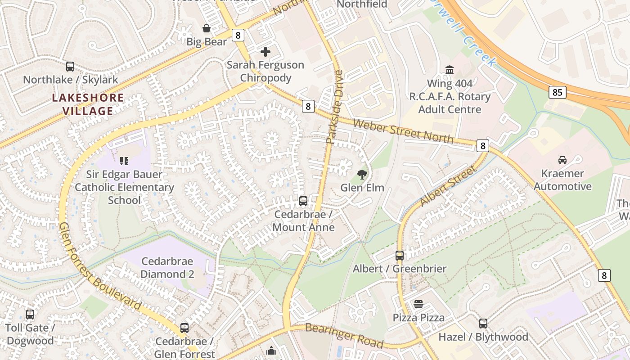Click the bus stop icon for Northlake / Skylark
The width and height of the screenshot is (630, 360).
coord(70,67)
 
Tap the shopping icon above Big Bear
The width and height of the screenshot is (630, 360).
coord(207,29)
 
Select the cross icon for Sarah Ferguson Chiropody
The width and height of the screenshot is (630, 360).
coord(265,52)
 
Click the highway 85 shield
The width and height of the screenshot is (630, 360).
coord(557,93)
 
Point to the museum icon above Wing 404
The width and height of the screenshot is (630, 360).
coord(449,70)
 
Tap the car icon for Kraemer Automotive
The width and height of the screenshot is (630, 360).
coord(562,160)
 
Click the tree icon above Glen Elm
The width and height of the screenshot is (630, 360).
coord(362,174)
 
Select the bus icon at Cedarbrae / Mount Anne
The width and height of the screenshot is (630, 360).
coord(303,201)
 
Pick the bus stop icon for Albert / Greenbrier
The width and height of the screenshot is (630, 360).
coord(399,256)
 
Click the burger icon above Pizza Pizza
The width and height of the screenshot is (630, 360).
coord(418,304)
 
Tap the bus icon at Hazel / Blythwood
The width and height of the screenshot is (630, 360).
coord(483,324)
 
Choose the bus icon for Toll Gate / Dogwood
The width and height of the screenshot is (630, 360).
coord(30,315)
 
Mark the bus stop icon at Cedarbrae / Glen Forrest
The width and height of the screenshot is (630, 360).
coord(184,328)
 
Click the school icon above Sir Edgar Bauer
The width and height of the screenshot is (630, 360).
coord(124,161)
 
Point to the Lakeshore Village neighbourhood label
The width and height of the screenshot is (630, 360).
coord(88,104)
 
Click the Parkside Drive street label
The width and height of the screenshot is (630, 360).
coord(334,107)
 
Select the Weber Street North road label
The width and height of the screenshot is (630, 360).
coord(403,131)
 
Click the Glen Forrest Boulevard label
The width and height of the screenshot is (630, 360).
coord(100,266)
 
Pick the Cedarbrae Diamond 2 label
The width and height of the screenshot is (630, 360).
coord(167,268)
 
